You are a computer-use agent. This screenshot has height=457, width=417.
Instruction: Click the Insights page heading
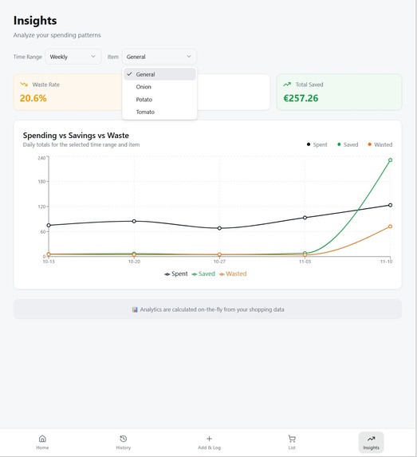tap(35, 21)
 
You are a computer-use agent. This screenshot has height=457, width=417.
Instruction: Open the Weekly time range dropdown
tap(73, 57)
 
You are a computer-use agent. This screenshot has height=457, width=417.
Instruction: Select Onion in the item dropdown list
tap(144, 87)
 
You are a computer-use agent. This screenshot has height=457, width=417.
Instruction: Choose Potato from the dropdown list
tap(144, 100)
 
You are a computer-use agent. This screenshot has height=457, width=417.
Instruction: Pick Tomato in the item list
tap(145, 112)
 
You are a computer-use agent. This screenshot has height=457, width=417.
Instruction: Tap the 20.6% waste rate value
tap(33, 98)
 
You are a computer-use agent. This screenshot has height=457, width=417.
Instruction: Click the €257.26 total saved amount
tap(301, 98)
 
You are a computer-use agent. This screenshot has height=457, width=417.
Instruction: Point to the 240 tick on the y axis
tap(41, 157)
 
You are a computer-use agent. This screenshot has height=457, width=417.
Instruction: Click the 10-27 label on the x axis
tap(219, 262)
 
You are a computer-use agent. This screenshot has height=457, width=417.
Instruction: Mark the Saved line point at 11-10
tap(390, 160)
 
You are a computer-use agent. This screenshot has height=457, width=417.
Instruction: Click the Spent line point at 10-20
tap(134, 221)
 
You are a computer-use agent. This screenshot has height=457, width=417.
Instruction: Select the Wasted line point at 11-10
tap(390, 227)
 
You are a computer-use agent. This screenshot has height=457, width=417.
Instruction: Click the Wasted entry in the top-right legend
tap(380, 144)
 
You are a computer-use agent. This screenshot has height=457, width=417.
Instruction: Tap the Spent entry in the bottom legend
tap(176, 274)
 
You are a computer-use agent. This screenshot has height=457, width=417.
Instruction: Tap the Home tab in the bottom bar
tap(42, 442)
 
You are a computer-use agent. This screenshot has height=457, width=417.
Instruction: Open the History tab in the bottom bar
tap(123, 442)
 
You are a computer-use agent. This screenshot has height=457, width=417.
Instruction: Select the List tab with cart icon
tap(292, 442)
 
